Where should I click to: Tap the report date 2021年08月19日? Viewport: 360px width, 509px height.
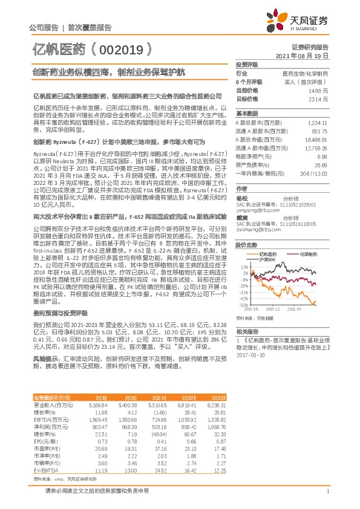coord(306,55)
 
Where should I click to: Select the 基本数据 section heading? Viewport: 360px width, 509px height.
coord(246,114)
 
